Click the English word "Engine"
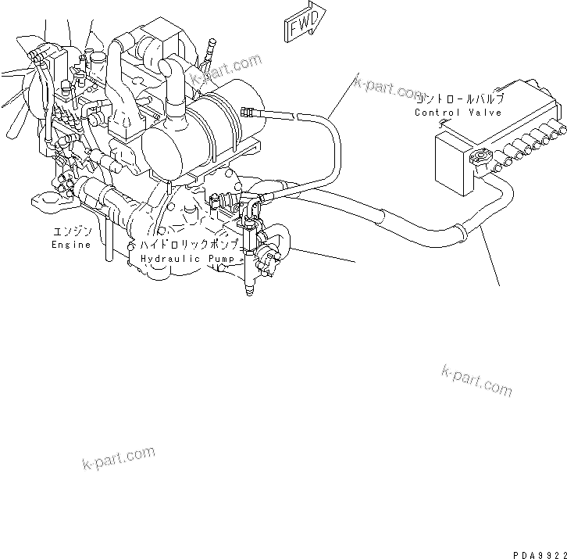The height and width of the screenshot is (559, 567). tap(71, 245)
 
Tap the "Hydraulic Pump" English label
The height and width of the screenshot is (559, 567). tap(190, 258)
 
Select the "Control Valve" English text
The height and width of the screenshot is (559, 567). tap(458, 113)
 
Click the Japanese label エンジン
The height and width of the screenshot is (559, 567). tap(72, 232)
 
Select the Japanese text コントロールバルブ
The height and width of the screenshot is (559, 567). tap(459, 99)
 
